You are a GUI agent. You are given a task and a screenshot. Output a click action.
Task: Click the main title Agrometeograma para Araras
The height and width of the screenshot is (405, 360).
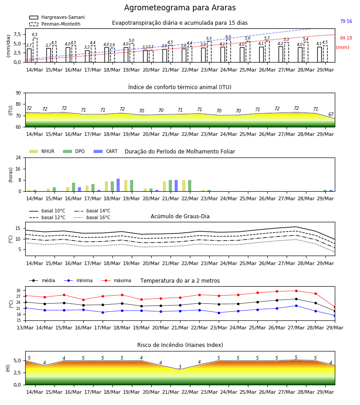click(x=180, y=8)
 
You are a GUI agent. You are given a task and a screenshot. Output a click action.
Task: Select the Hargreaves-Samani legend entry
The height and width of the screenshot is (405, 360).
click(x=57, y=17)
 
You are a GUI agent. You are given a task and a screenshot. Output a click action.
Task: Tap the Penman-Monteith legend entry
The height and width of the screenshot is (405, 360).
click(x=55, y=24)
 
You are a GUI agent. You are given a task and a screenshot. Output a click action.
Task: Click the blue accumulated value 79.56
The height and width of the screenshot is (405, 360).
click(x=346, y=21)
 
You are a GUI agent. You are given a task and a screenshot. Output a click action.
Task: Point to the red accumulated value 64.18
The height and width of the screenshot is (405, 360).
click(x=346, y=38)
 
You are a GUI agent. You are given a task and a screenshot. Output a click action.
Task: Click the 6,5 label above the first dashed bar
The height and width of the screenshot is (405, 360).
click(x=35, y=35)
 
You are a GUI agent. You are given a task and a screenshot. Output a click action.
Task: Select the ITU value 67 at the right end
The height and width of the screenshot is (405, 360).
click(x=331, y=114)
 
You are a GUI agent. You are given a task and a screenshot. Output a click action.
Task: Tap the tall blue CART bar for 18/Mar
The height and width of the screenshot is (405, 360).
click(x=118, y=185)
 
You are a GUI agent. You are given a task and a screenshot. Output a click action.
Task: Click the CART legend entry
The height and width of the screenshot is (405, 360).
click(x=105, y=151)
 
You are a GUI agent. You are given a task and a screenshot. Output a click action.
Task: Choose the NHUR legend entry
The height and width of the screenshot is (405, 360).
click(x=42, y=151)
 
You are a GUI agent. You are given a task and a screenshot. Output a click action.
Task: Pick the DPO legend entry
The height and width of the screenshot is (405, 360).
click(x=74, y=151)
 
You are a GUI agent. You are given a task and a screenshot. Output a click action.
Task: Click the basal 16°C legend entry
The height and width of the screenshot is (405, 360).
click(x=92, y=217)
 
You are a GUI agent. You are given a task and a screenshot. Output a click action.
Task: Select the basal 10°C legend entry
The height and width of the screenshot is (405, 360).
click(x=47, y=211)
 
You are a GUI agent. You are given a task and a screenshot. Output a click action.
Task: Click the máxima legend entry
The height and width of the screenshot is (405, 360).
click(x=116, y=280)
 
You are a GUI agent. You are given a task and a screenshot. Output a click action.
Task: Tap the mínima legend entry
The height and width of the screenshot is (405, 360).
click(x=78, y=280)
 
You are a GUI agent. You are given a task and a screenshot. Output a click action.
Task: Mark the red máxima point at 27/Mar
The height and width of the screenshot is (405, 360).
click(x=296, y=291)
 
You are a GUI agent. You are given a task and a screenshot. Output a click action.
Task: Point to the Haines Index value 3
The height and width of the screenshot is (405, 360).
click(x=180, y=367)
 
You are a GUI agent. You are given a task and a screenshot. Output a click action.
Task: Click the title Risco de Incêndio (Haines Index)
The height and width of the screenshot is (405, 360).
click(x=180, y=345)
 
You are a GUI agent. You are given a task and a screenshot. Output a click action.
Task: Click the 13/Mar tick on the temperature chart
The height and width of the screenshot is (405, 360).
click(x=25, y=328)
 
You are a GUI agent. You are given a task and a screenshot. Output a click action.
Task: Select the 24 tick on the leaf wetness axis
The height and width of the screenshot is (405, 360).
click(x=18, y=157)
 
